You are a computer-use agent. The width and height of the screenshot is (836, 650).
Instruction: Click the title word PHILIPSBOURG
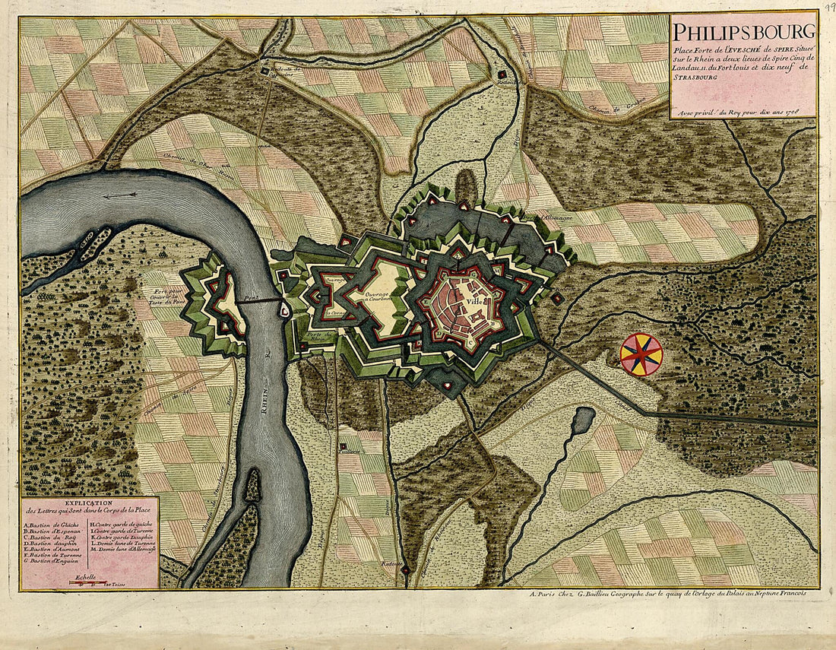pos(743,33)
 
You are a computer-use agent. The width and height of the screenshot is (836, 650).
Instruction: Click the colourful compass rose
pos(641,354)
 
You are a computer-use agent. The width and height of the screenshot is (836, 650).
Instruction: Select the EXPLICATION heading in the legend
pos(89,503)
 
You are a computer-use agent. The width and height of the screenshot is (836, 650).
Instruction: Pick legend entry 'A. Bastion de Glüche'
pos(53,525)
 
